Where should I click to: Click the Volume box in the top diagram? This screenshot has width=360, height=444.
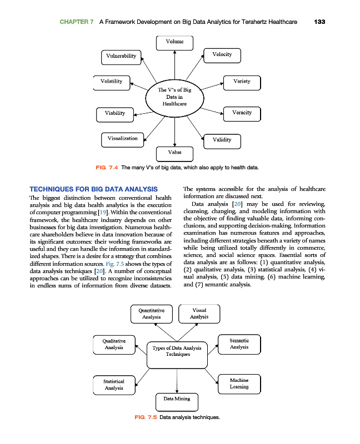coord(175,42)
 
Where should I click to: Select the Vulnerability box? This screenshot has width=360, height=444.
coord(122,56)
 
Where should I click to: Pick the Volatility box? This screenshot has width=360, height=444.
coord(112,82)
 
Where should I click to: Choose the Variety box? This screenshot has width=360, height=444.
coord(242,82)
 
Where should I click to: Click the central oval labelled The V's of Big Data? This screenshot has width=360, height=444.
coord(174,97)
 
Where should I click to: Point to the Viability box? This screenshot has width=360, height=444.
coord(115,114)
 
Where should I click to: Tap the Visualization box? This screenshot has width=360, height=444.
coord(123,139)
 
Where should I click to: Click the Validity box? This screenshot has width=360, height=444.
coord(222,140)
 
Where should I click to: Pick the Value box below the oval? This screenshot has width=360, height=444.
coord(175,152)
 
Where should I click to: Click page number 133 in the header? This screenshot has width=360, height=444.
coord(319,22)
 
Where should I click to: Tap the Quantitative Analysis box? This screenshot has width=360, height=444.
coord(152,314)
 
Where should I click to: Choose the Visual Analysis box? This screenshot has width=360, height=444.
coord(199,314)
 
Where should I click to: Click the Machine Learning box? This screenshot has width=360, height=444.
coord(239,384)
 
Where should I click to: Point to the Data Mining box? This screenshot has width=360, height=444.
coord(177,399)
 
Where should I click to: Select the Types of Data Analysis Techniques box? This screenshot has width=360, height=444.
coord(177,352)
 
